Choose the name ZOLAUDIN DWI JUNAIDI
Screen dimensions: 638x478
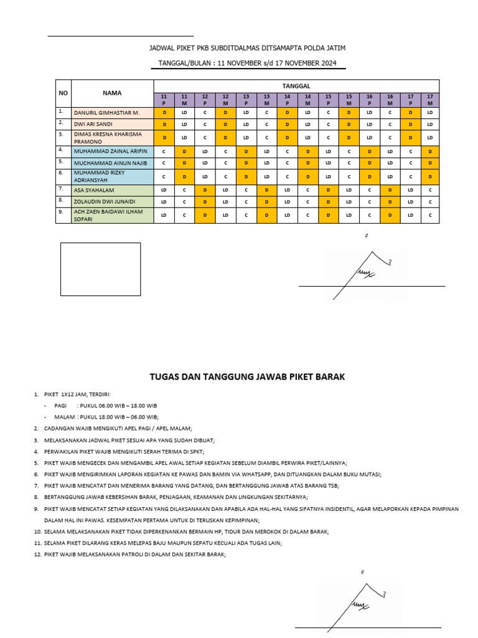click(x=102, y=201)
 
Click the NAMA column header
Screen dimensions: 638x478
click(x=112, y=93)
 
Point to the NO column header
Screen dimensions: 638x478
click(x=63, y=93)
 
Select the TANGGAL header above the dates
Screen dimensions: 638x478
click(x=296, y=85)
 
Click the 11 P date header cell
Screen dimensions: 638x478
click(x=164, y=100)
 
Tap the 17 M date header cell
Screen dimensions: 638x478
click(x=430, y=100)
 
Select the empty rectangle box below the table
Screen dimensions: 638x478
click(x=100, y=269)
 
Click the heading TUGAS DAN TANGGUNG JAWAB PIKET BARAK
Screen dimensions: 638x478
click(x=247, y=376)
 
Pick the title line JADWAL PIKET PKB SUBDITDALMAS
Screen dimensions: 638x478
click(x=247, y=48)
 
